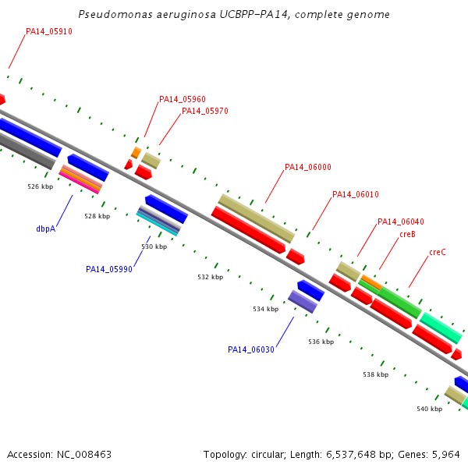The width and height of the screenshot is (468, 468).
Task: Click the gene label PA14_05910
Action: coord(49,32)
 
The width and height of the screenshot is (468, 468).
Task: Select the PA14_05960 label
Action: coord(183,99)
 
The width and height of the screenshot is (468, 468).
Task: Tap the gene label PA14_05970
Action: coord(205,112)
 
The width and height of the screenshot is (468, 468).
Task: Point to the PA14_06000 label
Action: coord(308,167)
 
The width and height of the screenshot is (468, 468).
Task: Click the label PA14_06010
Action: coord(356,194)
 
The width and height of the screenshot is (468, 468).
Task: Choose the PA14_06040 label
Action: coord(401,222)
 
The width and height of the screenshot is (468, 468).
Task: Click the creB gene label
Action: coord(408,234)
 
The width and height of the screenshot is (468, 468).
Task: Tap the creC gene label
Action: coord(438,252)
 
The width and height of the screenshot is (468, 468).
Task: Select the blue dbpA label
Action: coord(46,229)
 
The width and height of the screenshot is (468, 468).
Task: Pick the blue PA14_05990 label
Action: coord(109,269)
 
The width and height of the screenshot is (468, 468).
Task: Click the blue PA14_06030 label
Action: coord(251,349)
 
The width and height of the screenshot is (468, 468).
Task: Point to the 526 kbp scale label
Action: coord(41,187)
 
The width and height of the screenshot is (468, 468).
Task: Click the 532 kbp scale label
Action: coord(211,277)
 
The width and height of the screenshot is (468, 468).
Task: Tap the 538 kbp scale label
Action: coord(376,374)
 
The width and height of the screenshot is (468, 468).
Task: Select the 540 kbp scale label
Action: coord(430,409)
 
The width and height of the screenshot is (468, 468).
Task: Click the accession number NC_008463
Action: coord(84,455)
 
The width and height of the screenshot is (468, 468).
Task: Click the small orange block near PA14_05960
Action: coord(136,153)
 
